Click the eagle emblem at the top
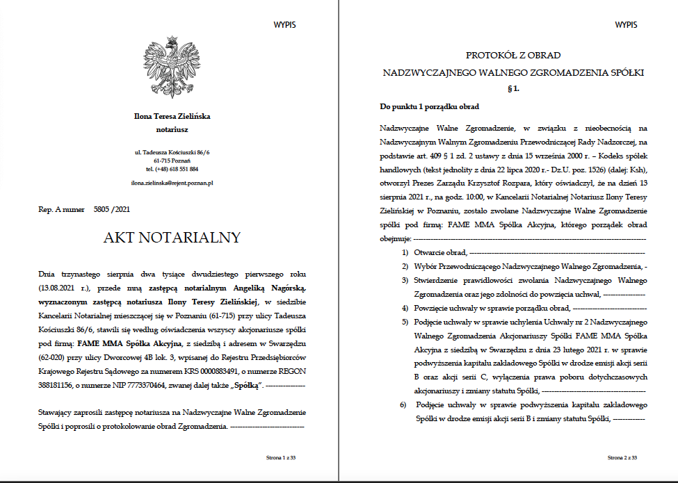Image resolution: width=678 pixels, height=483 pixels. [x=171, y=69]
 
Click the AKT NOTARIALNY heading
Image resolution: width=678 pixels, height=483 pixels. [x=171, y=238]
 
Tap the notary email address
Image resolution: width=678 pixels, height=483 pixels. [x=172, y=183]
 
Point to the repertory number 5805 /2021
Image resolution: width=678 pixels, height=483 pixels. [x=111, y=208]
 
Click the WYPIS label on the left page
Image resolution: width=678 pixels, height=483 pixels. [x=285, y=25]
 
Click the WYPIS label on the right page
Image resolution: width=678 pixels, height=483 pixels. [x=626, y=25]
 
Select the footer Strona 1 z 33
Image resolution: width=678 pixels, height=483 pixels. [x=281, y=458]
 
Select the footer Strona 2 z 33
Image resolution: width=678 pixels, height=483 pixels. [x=622, y=458]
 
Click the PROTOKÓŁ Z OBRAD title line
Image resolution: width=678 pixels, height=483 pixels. [x=513, y=56]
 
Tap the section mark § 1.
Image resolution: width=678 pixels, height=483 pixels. [x=513, y=89]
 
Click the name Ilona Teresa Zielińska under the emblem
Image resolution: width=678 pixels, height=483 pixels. [x=172, y=117]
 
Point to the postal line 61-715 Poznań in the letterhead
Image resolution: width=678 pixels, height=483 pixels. [x=172, y=160]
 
